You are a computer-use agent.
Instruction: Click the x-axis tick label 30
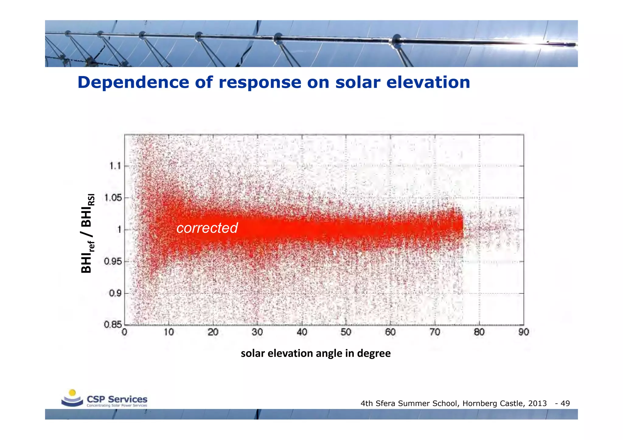coord(257,332)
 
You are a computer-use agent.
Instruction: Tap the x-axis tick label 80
coord(479,332)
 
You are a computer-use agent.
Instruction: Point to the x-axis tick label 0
coord(124,332)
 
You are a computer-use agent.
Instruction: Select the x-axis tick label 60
coord(390,332)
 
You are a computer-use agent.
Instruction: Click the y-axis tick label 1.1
coord(115,166)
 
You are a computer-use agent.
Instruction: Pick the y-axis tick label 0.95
coord(113,261)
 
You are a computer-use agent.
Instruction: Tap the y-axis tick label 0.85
coord(113,325)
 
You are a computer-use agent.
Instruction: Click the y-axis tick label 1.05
coord(113,198)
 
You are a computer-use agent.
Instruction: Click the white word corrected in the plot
coord(207,228)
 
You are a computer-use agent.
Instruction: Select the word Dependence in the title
coord(133,82)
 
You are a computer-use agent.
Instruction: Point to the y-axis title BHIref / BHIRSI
coord(88,233)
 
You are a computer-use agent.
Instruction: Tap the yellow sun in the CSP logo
coord(72,393)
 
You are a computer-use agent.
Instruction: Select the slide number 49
coord(565,404)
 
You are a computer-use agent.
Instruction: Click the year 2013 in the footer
coord(537,404)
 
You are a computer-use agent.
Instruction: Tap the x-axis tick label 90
coord(524,332)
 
